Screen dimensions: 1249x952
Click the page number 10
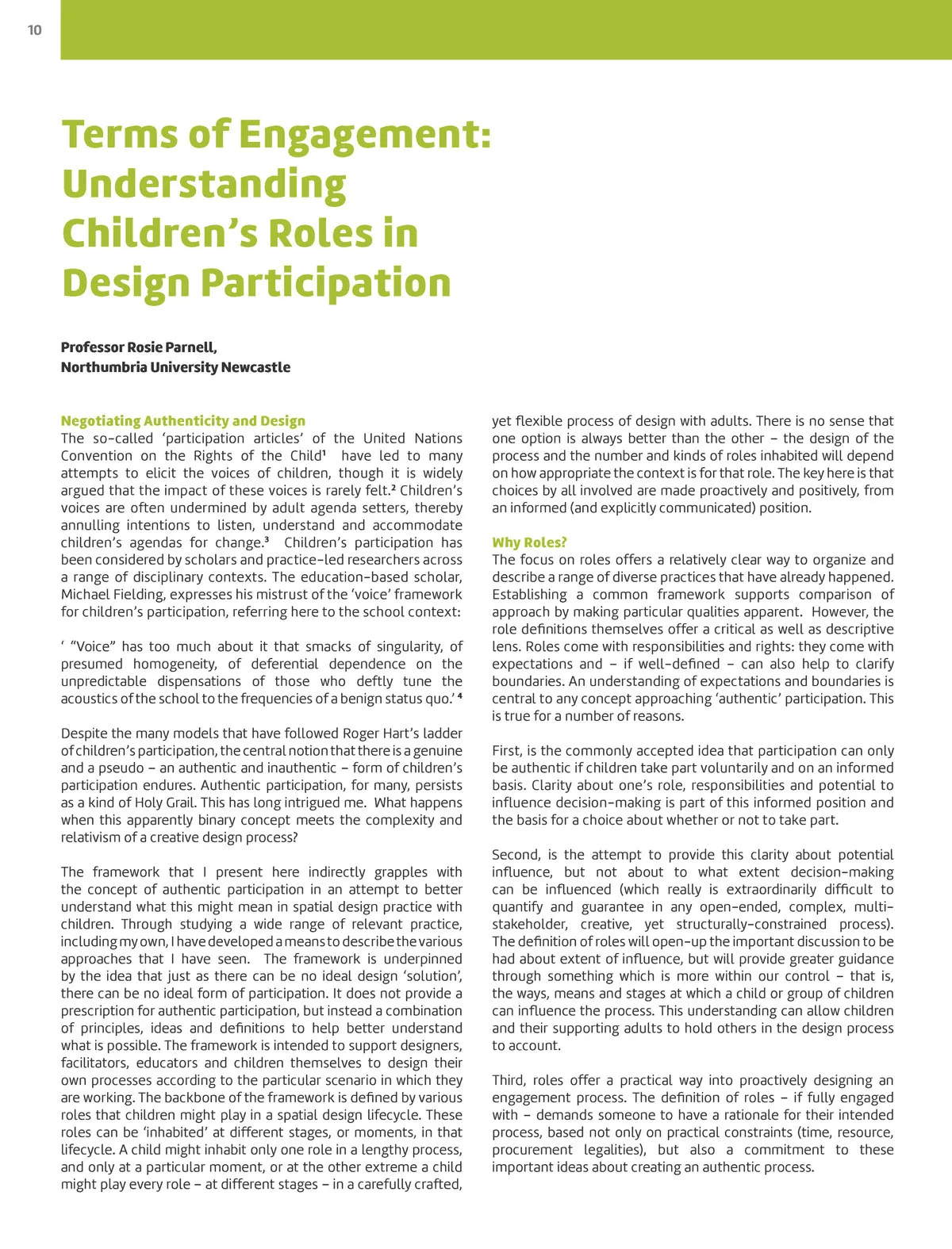point(35,30)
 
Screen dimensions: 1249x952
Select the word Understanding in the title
point(204,183)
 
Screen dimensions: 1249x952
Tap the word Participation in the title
point(325,282)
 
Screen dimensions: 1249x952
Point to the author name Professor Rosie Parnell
point(139,347)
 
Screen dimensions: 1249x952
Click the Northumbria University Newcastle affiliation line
point(175,367)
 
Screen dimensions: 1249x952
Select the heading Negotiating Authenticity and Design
point(183,421)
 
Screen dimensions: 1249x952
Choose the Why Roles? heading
point(529,542)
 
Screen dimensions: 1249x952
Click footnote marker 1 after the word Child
point(324,453)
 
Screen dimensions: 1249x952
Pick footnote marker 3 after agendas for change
point(267,540)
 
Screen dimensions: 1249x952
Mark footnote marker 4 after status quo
point(459,696)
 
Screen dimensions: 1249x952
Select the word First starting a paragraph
point(507,751)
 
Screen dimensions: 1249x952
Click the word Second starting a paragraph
point(516,855)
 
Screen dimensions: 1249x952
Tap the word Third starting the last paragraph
point(509,1080)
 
